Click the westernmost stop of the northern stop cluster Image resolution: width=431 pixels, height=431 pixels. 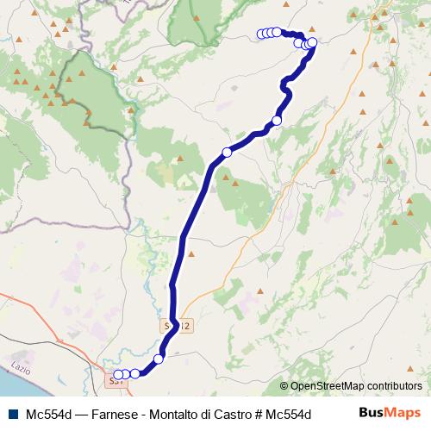[261, 34]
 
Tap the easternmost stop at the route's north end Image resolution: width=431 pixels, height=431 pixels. [312, 42]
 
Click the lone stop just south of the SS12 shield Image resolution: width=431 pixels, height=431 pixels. [159, 359]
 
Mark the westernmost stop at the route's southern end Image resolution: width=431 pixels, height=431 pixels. [117, 374]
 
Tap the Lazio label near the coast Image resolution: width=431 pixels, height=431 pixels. [19, 369]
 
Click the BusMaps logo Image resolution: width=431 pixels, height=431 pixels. [389, 412]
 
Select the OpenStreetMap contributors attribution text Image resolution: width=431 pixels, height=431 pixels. [351, 386]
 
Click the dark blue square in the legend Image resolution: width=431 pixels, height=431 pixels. [13, 413]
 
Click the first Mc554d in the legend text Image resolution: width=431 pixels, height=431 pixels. [48, 413]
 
